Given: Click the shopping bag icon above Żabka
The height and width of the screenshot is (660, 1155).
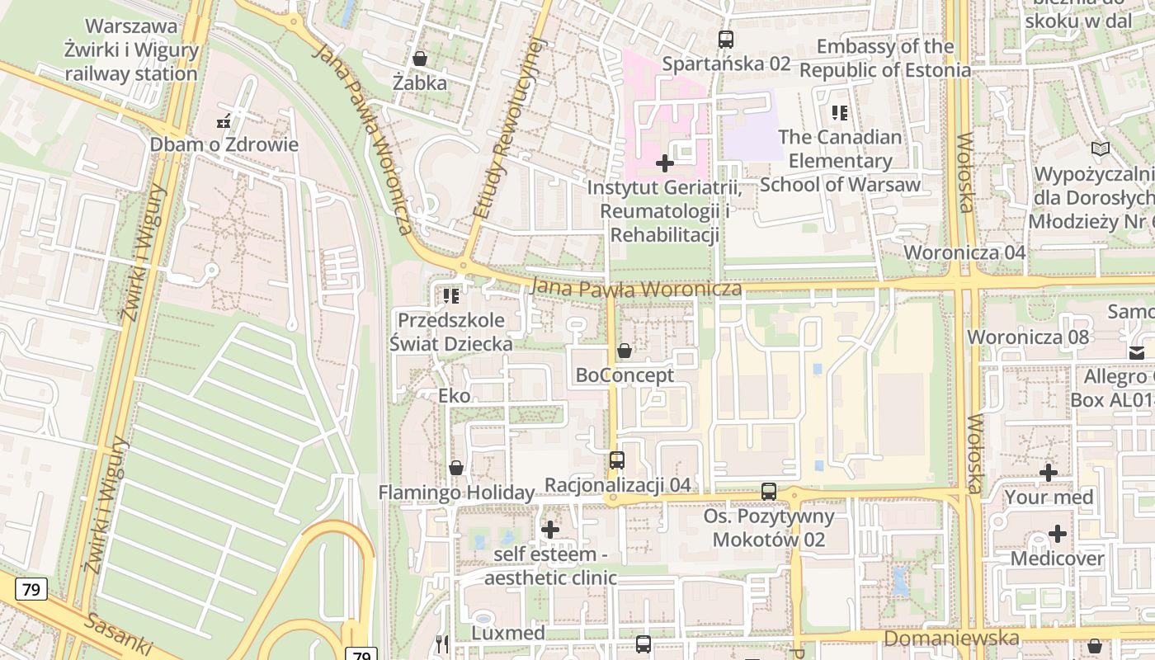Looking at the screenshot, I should (x=420, y=59).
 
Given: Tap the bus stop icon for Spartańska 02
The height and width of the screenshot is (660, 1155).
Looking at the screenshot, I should (x=726, y=39).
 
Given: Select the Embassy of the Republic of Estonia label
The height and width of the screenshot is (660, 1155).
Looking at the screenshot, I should (x=885, y=58).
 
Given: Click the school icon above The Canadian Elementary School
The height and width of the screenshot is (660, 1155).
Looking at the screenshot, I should (x=840, y=113).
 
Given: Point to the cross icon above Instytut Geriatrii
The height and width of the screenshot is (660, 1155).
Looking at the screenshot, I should (x=664, y=163).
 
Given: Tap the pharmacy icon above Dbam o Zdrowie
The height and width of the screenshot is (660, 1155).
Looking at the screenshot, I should (x=223, y=121).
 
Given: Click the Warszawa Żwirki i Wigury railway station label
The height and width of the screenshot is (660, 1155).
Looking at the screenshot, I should (x=132, y=49).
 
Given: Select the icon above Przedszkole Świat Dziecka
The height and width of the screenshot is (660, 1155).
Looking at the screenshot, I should (x=450, y=295).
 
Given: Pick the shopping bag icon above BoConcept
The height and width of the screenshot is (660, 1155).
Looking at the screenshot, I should (x=625, y=351).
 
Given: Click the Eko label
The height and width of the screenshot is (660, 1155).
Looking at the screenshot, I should (x=455, y=396).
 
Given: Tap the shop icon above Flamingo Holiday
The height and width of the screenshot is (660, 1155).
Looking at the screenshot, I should (x=455, y=469).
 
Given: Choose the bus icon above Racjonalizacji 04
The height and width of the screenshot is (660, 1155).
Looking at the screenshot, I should (x=617, y=460).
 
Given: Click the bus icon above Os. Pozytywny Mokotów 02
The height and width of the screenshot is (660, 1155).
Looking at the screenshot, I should (x=769, y=492).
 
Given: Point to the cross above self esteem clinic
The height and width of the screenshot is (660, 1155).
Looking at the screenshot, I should (x=550, y=529).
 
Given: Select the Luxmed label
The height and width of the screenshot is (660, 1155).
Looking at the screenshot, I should (x=508, y=633).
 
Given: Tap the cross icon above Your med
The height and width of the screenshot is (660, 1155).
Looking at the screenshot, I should (x=1049, y=473).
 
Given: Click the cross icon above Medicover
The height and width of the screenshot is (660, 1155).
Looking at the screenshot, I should (x=1057, y=534).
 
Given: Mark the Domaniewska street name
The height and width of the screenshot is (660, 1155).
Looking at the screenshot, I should (x=951, y=639).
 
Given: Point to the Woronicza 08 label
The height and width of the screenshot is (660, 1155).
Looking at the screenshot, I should (x=1028, y=337).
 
